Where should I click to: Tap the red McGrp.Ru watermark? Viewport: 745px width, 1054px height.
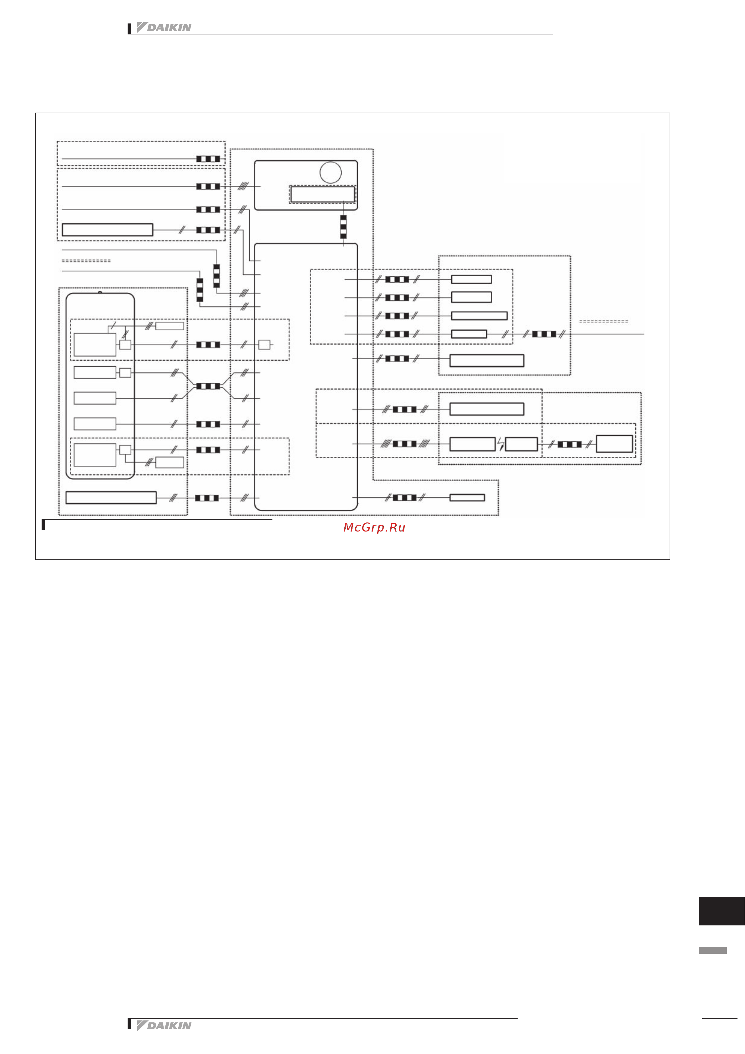tap(374, 527)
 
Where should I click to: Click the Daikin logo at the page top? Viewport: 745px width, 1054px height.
tap(164, 28)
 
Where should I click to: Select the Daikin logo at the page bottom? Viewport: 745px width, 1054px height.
tap(164, 1026)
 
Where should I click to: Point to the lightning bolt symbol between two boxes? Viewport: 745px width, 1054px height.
tap(500, 444)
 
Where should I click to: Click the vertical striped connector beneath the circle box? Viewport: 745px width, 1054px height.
tap(343, 227)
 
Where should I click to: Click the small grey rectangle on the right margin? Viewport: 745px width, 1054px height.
tap(712, 950)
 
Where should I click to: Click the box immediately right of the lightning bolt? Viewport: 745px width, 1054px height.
tap(521, 444)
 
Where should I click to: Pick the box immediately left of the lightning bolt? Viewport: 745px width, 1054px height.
tap(472, 444)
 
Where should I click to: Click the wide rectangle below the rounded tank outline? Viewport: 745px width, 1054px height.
tap(111, 498)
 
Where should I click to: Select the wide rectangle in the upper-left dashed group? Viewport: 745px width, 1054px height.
tap(107, 230)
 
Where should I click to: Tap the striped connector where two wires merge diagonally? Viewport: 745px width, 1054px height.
tap(208, 386)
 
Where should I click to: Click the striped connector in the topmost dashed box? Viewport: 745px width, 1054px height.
tap(208, 159)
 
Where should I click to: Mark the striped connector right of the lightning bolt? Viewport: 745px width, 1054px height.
tap(569, 444)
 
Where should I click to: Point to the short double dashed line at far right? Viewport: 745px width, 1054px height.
tap(603, 321)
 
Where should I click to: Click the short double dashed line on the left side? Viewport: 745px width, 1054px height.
tap(86, 261)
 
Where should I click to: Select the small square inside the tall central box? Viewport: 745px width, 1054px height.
tap(264, 344)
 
